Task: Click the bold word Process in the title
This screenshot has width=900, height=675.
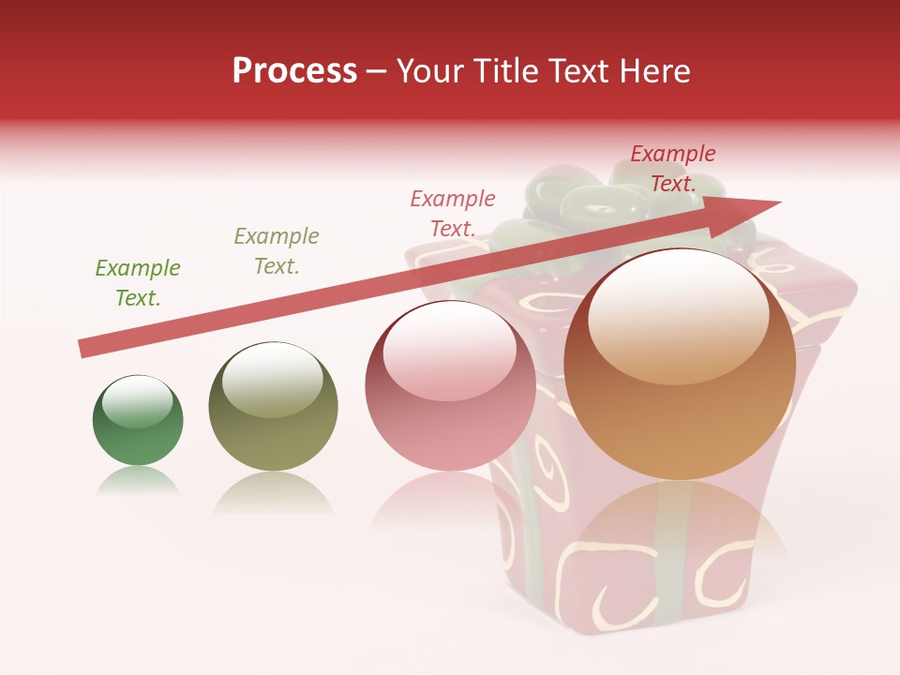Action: pos(294,71)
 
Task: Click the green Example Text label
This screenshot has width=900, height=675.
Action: pos(138,283)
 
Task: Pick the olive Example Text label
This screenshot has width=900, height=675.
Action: pos(277,251)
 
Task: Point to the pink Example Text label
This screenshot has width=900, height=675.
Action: pos(453,214)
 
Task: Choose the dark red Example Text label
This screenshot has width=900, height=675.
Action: pos(673,169)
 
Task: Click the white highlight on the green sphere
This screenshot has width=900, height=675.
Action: pos(138,401)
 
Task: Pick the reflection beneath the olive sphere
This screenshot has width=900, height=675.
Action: pos(272,492)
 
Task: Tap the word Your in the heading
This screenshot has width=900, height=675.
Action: pos(434,71)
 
